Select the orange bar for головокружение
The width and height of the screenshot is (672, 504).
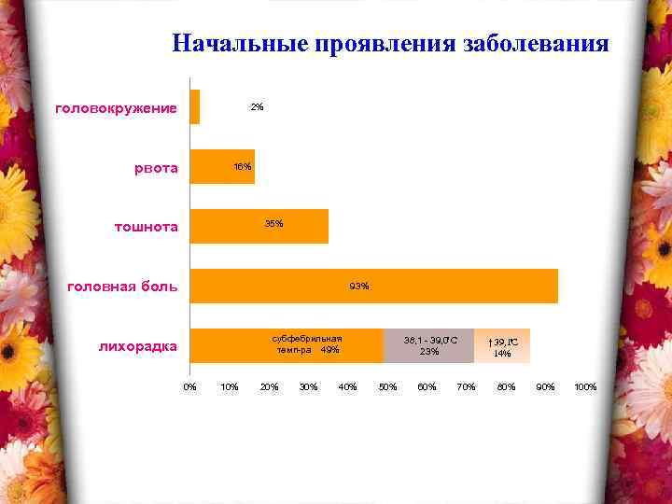coord(194,106)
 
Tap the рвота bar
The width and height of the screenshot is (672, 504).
coord(221,166)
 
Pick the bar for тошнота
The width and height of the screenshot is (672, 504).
coord(259,226)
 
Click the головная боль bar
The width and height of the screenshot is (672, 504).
coord(373,286)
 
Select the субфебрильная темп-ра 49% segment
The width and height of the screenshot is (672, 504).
coord(286,345)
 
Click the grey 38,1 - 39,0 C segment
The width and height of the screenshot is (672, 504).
coord(428,345)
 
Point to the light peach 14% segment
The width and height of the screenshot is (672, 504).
coord(502,345)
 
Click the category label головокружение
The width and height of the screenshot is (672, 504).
coord(117,108)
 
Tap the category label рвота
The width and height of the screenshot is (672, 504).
coord(157,169)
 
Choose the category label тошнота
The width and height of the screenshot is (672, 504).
coord(147,227)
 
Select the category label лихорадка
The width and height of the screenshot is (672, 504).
coord(138,347)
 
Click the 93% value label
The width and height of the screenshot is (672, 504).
coord(359,285)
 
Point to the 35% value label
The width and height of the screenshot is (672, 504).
coord(274,224)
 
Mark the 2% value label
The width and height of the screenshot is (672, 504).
coord(257,107)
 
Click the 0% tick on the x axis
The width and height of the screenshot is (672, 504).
coord(189,386)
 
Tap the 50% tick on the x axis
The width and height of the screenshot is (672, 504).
coord(387,386)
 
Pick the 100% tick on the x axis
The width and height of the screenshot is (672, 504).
coord(585,386)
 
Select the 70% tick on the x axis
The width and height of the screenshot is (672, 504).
coord(467,386)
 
